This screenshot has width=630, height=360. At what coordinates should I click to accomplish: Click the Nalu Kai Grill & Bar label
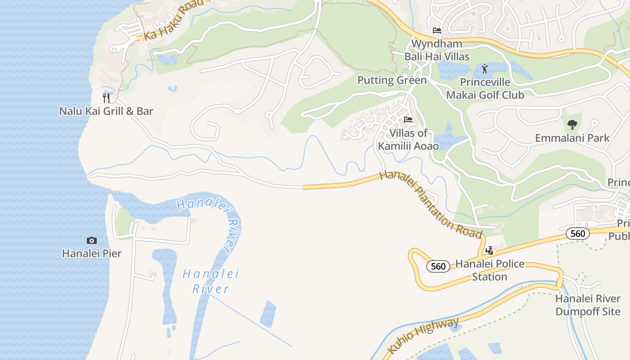pos(106,111)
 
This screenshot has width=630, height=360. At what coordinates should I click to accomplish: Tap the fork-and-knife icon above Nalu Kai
pos(106,98)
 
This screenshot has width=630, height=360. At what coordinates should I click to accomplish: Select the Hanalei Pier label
pos(92,253)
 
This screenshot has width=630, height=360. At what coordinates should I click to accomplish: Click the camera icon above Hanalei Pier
pos(92,240)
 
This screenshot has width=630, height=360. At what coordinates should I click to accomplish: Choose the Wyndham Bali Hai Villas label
pos(437,50)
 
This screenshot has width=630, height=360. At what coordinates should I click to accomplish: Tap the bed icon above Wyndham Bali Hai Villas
pos(437,31)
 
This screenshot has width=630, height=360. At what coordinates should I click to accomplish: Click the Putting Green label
pos(392,80)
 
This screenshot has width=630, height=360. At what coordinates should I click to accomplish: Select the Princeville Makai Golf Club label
pos(485,89)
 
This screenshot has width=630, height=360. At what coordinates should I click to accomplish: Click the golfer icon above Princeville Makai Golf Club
pos(485,69)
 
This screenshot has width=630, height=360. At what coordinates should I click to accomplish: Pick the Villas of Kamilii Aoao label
pos(408,139)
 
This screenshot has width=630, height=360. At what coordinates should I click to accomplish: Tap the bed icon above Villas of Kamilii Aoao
pos(408,120)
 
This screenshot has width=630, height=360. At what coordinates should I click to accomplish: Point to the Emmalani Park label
pos(572,138)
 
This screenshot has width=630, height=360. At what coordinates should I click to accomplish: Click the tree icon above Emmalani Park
pos(572,125)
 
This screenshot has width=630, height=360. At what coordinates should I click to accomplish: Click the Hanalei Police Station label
pos(490,270)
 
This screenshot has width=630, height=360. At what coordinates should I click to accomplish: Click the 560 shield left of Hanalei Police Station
pos(438,266)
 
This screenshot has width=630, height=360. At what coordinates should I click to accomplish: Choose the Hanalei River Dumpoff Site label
pos(588,305)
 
